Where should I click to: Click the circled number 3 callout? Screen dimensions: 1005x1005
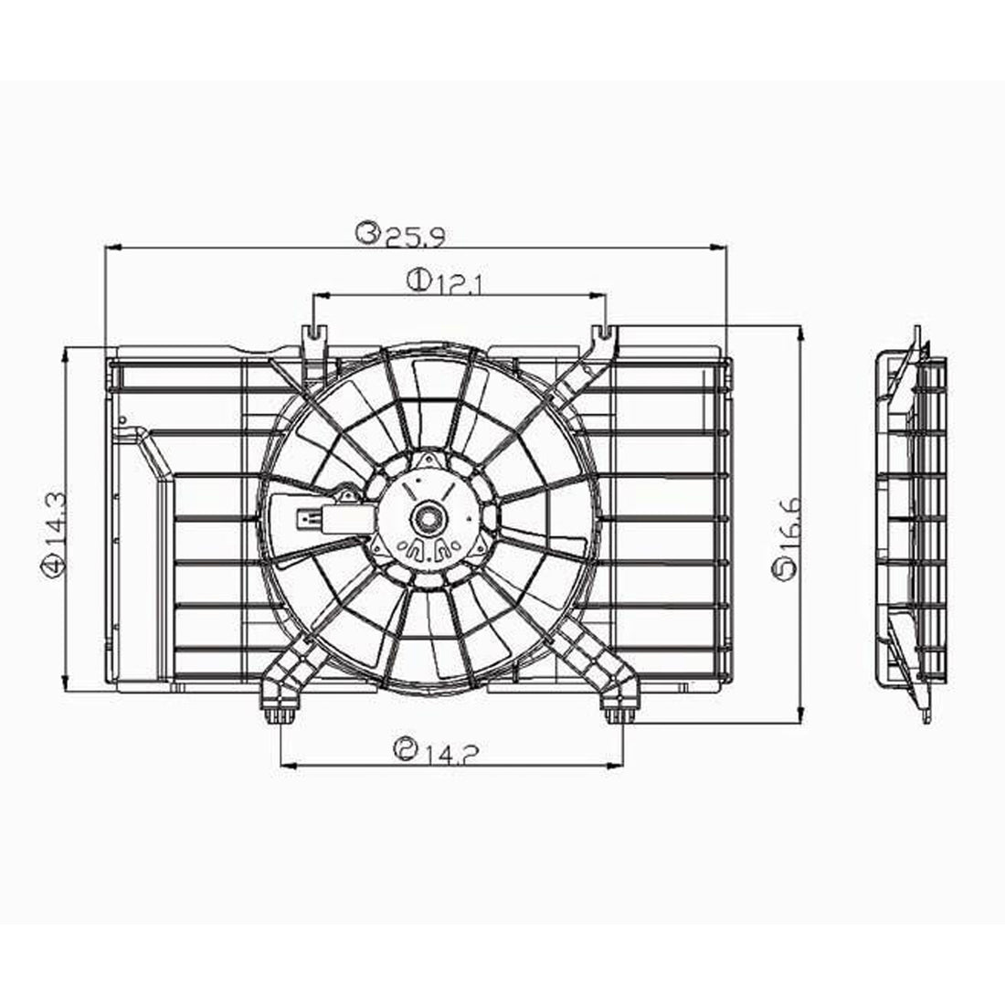point(368,236)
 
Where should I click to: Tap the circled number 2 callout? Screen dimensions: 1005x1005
point(402,750)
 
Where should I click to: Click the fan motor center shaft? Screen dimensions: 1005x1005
point(426,519)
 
